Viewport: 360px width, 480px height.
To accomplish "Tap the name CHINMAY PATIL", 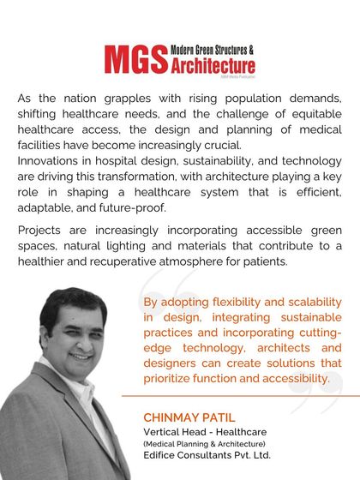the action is coord(188,417).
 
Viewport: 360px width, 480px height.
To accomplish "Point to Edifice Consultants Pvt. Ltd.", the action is coord(207,455).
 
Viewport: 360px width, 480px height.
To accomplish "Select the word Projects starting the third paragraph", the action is coord(39,231).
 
